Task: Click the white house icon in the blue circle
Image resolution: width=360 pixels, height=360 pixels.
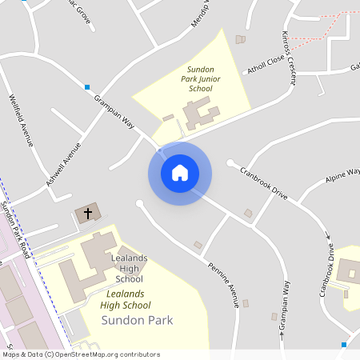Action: point(179,172)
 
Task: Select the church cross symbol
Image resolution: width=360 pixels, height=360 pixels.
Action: point(88,213)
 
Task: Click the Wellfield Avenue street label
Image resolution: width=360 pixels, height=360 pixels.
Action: point(21,120)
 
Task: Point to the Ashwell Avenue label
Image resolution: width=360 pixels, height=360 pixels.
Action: point(64,165)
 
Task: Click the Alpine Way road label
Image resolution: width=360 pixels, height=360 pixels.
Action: point(342,176)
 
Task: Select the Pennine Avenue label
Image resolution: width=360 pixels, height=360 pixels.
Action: point(223,284)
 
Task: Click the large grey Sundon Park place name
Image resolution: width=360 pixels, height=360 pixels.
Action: point(138,320)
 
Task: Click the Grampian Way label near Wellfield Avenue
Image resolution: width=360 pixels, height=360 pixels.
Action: point(114,112)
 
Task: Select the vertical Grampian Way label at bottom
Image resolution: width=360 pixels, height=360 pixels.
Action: point(285,307)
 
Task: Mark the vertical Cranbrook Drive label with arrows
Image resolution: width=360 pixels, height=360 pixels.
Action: point(328,267)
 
